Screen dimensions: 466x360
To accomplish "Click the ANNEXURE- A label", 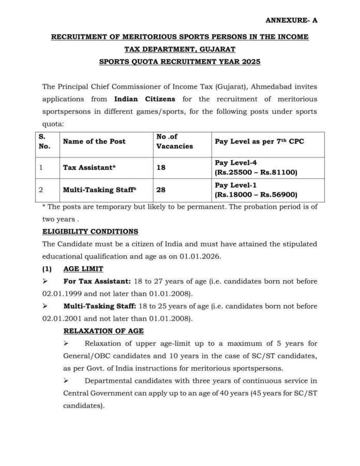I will pyautogui.click(x=291, y=20).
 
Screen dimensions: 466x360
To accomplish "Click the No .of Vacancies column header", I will pyautogui.click(x=174, y=141).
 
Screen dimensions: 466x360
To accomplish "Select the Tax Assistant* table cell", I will pyautogui.click(x=89, y=168).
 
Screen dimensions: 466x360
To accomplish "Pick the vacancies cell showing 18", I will pyautogui.click(x=161, y=168).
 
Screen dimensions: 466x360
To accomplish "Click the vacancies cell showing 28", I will pyautogui.click(x=161, y=190).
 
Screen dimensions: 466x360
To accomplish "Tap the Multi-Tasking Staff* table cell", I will pyautogui.click(x=99, y=190).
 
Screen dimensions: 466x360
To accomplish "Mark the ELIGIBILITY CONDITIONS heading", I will pyautogui.click(x=90, y=231).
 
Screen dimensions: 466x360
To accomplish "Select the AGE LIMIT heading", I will pyautogui.click(x=83, y=269).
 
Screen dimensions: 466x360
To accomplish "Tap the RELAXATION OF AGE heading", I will pyautogui.click(x=103, y=331).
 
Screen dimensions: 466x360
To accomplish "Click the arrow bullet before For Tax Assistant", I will pyautogui.click(x=46, y=281).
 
